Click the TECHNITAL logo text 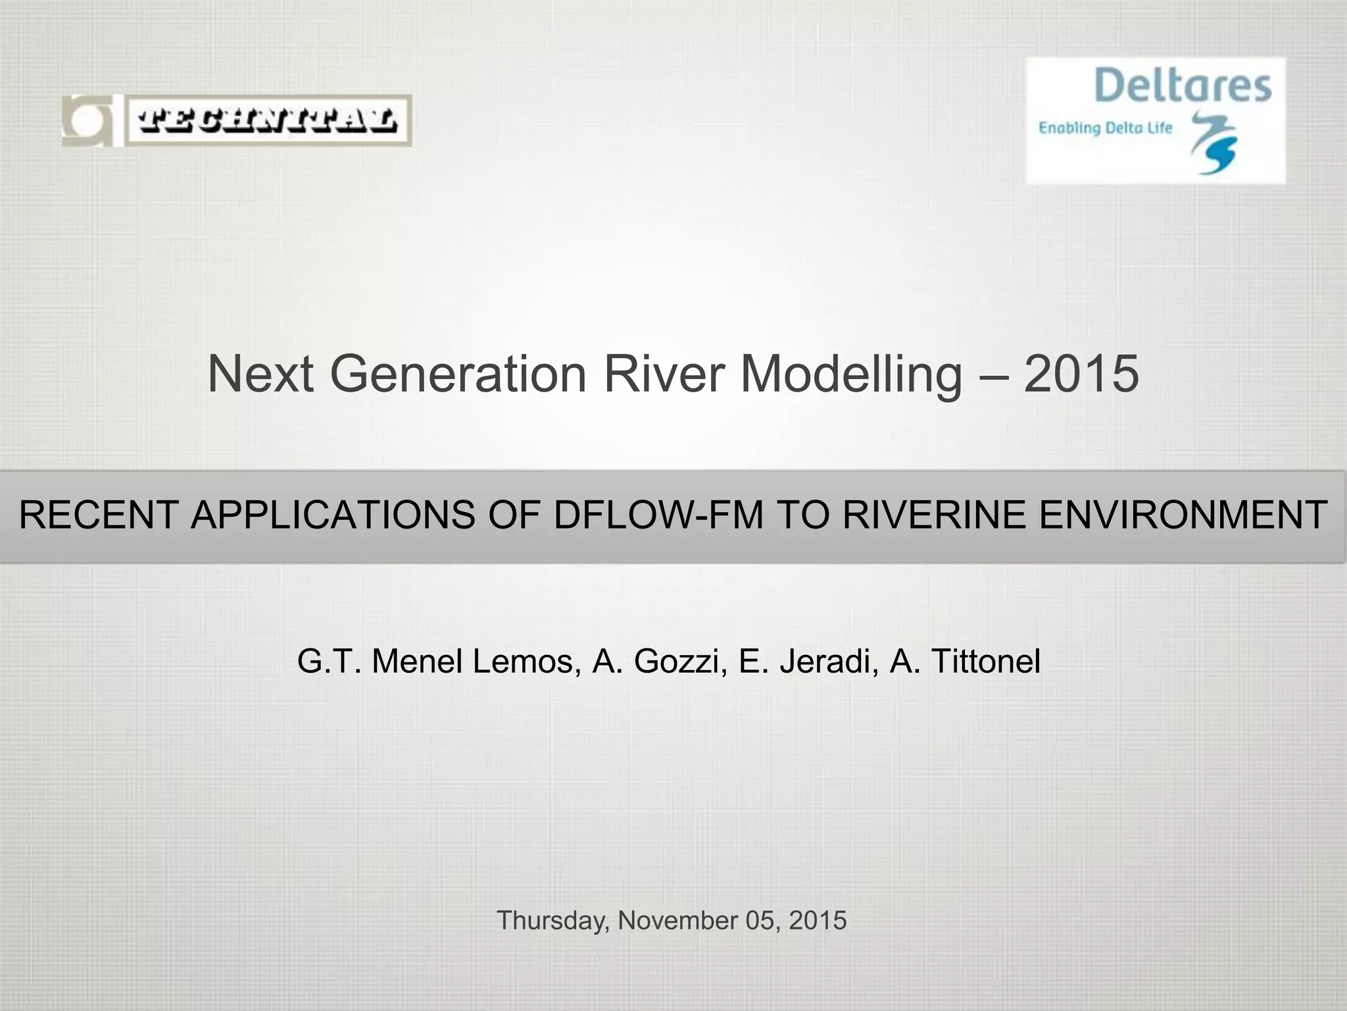(268, 120)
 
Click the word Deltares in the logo (1183, 86)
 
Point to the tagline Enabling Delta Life (1105, 127)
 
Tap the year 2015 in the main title (1081, 373)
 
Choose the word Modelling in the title (851, 373)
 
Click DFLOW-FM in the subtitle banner (658, 515)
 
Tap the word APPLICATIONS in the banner (332, 515)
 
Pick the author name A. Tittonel (965, 661)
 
